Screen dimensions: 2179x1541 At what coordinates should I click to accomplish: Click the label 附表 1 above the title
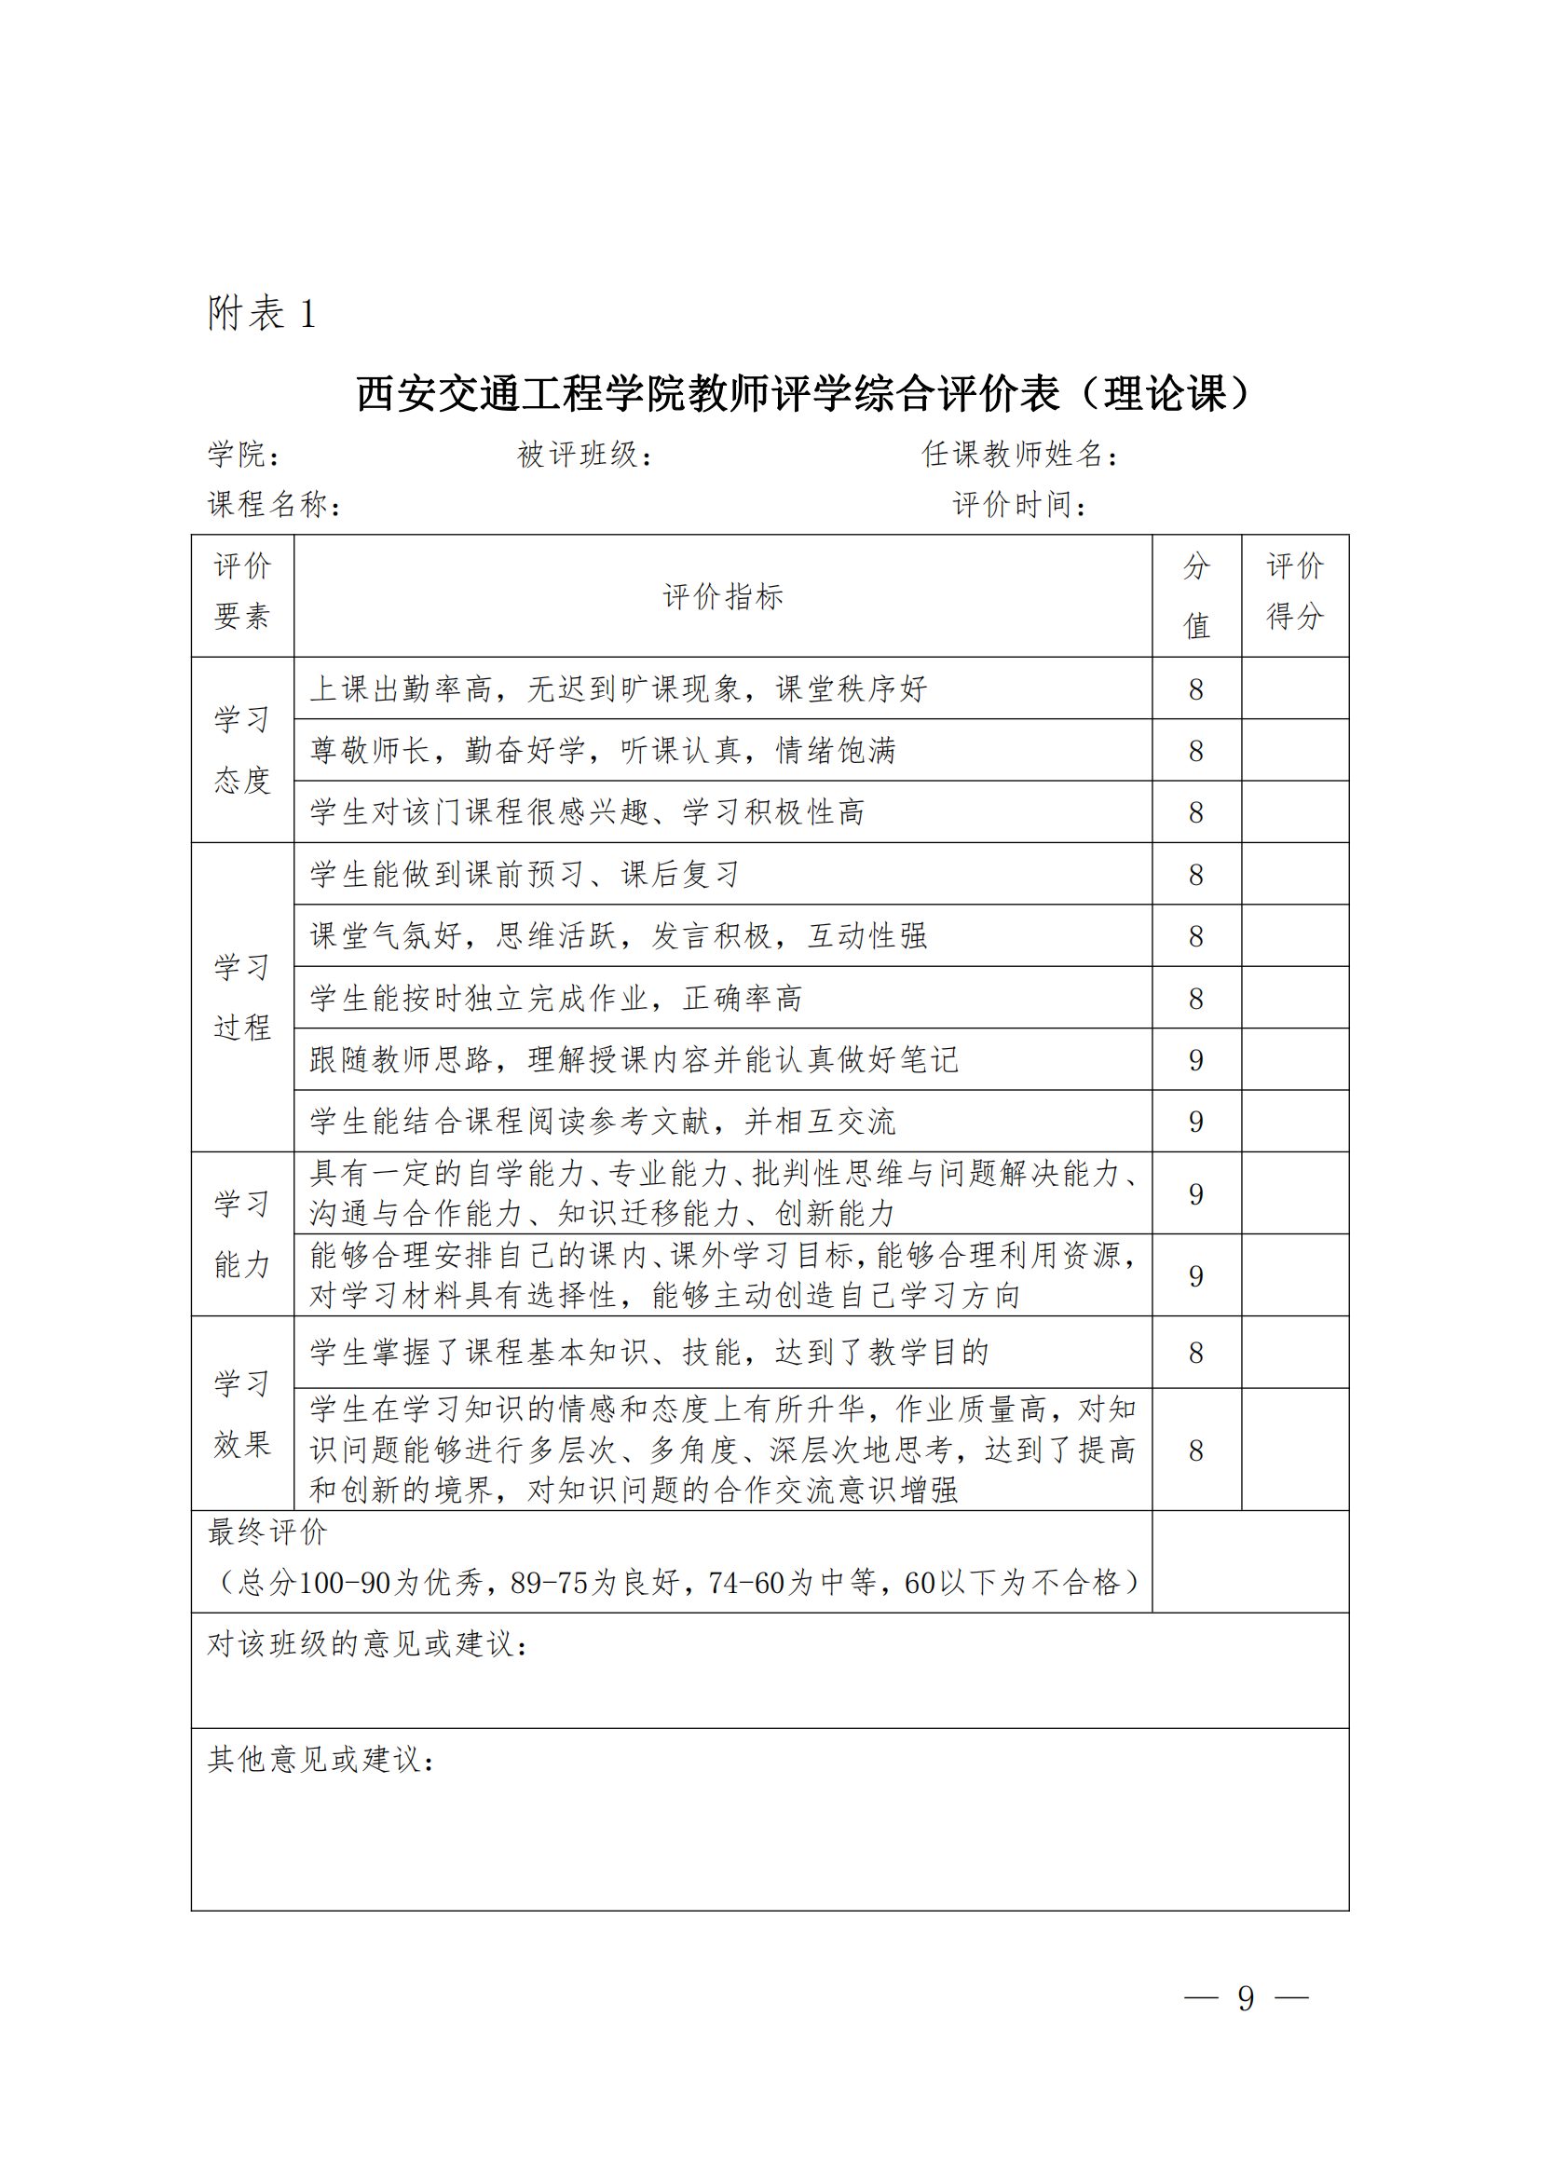pos(261,313)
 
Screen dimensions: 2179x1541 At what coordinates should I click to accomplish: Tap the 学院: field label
pos(244,455)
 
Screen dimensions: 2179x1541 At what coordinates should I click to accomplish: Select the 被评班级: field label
pos(584,455)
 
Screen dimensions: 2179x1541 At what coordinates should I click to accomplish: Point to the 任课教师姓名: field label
pos(1020,455)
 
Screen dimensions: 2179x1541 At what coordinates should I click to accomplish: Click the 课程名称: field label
pos(274,504)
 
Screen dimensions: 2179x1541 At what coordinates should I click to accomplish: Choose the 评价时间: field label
pos(1019,504)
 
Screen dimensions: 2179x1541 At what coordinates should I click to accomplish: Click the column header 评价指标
pos(723,596)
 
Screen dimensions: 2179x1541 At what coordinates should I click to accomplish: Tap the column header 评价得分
pos(1294,592)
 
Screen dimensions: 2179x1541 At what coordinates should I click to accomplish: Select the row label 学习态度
pos(243,750)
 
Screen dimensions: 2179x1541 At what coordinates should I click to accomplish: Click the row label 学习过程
pos(243,997)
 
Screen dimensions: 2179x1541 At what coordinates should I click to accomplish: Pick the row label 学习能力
pos(243,1233)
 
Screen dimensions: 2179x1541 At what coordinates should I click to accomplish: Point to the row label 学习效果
pos(243,1413)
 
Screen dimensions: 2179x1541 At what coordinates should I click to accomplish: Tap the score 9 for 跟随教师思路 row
pos(1195,1059)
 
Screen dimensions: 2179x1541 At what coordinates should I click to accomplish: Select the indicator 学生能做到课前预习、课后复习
pos(525,874)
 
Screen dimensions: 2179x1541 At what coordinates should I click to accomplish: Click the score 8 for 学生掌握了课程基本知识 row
pos(1195,1353)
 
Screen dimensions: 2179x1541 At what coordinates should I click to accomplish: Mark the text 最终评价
pos(267,1532)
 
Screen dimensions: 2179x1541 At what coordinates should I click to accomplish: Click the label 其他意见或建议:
pos(321,1760)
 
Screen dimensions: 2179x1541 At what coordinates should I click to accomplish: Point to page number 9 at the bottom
pos(1246,1998)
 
